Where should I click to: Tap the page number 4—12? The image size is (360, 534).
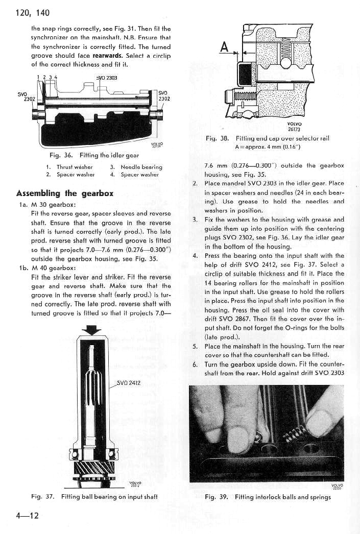27,515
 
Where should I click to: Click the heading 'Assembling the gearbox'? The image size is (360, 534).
65,193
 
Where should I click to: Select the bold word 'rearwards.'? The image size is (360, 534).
107,56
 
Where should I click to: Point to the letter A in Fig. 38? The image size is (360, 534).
224,46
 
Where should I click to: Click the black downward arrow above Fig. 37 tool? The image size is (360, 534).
91,329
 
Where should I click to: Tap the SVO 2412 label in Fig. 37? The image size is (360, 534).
128,383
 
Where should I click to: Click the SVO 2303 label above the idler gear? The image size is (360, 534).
107,78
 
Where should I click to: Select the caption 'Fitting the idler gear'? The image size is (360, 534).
109,155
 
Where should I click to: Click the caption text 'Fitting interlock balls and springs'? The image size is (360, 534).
283,497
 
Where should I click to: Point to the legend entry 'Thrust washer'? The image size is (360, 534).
75,167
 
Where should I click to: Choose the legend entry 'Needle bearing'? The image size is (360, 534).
141,167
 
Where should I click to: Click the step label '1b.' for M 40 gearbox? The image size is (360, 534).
24,268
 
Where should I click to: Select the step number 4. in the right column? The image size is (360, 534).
195,256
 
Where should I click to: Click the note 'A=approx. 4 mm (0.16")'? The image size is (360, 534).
268,147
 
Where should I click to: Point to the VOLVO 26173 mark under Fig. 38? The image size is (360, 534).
294,127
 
